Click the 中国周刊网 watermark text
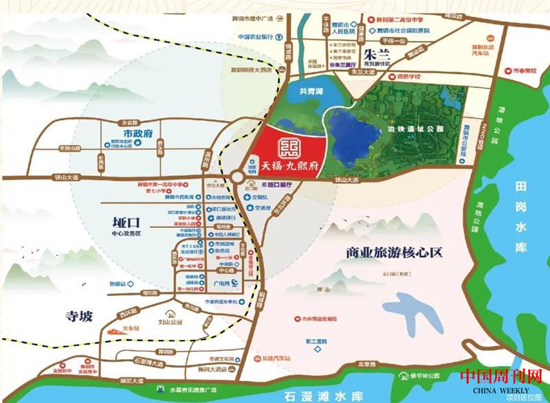tap(491, 377)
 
